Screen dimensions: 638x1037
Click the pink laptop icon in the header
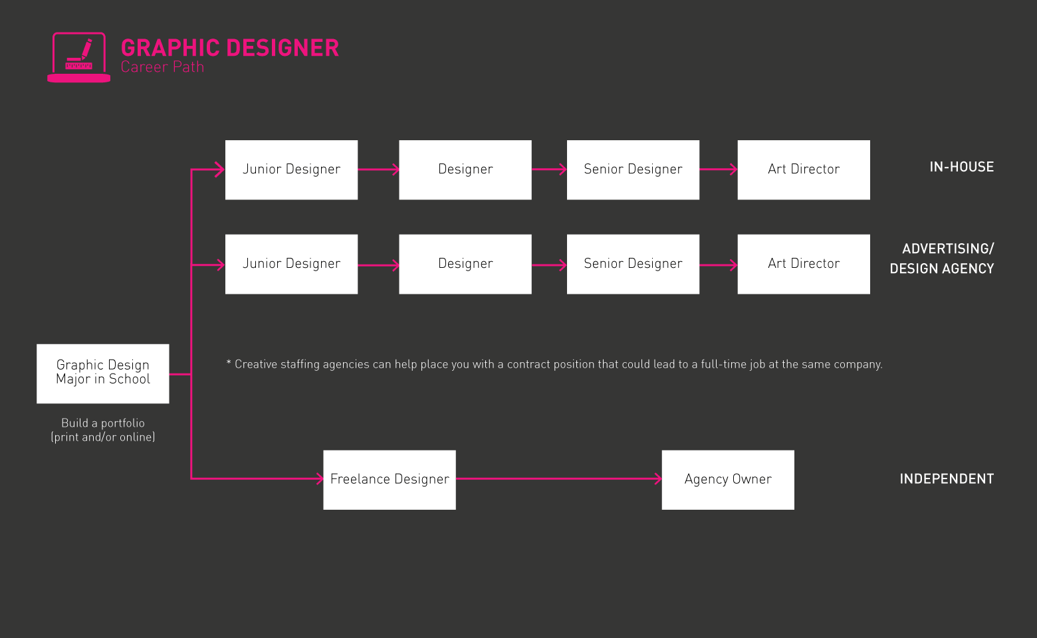tap(78, 57)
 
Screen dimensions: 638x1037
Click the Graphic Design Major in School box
tap(103, 373)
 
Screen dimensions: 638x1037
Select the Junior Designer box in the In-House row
tap(291, 169)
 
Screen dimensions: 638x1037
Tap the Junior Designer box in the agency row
tap(291, 264)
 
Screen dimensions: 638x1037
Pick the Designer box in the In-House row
tap(465, 169)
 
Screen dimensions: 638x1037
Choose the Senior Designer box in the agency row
tap(633, 264)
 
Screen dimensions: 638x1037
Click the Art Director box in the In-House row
tap(804, 169)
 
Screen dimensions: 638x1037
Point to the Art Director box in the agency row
tap(804, 264)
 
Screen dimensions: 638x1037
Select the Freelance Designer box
tap(390, 480)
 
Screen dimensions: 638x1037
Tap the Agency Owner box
tap(728, 480)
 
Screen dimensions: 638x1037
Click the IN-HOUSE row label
tap(961, 167)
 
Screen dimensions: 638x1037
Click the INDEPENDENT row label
tap(947, 479)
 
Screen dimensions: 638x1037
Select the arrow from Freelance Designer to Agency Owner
tap(558, 478)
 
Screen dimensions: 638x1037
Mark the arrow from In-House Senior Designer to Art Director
tap(718, 169)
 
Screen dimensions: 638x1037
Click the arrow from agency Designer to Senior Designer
tap(549, 265)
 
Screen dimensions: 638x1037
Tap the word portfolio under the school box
tap(122, 423)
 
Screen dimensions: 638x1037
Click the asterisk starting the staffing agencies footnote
tap(229, 363)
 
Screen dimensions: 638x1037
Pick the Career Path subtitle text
tap(162, 67)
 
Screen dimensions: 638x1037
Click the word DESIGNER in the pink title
tap(283, 48)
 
